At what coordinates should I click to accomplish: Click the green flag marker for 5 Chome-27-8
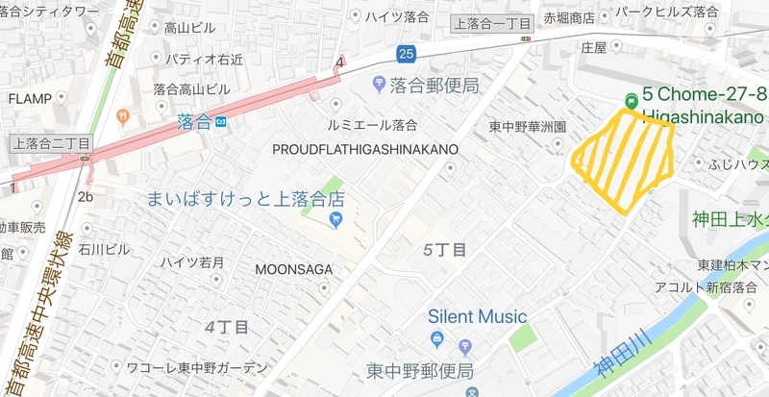tap(632, 99)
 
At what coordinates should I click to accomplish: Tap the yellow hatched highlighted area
tap(623, 156)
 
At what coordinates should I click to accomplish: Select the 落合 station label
tap(193, 122)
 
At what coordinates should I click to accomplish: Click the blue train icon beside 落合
tap(220, 122)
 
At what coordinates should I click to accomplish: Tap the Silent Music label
tap(478, 316)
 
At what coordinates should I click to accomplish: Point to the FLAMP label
tap(30, 98)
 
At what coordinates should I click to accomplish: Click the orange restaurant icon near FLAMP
tap(123, 116)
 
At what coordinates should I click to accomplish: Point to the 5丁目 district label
tap(445, 250)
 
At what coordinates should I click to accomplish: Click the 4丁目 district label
tap(227, 326)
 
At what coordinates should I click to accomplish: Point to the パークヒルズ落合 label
tap(668, 12)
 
